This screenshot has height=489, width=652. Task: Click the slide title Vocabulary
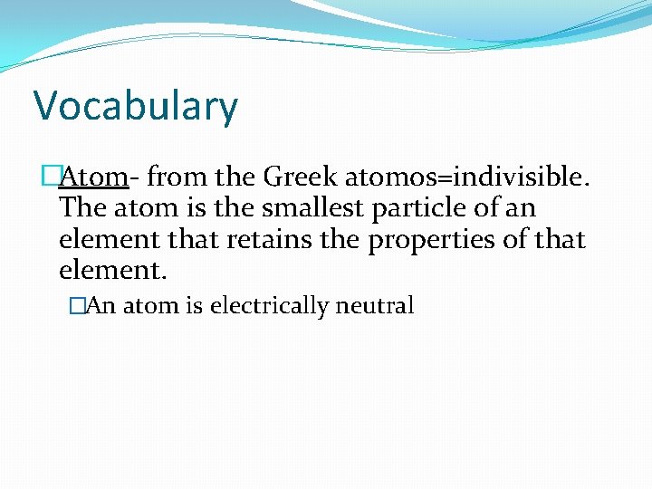[x=136, y=107]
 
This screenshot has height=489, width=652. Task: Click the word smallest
[x=307, y=208]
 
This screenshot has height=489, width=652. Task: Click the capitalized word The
[x=82, y=208]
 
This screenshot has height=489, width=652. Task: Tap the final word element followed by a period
[x=112, y=271]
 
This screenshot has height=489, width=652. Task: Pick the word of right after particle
[x=483, y=208]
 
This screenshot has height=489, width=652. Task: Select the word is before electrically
[x=195, y=306]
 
